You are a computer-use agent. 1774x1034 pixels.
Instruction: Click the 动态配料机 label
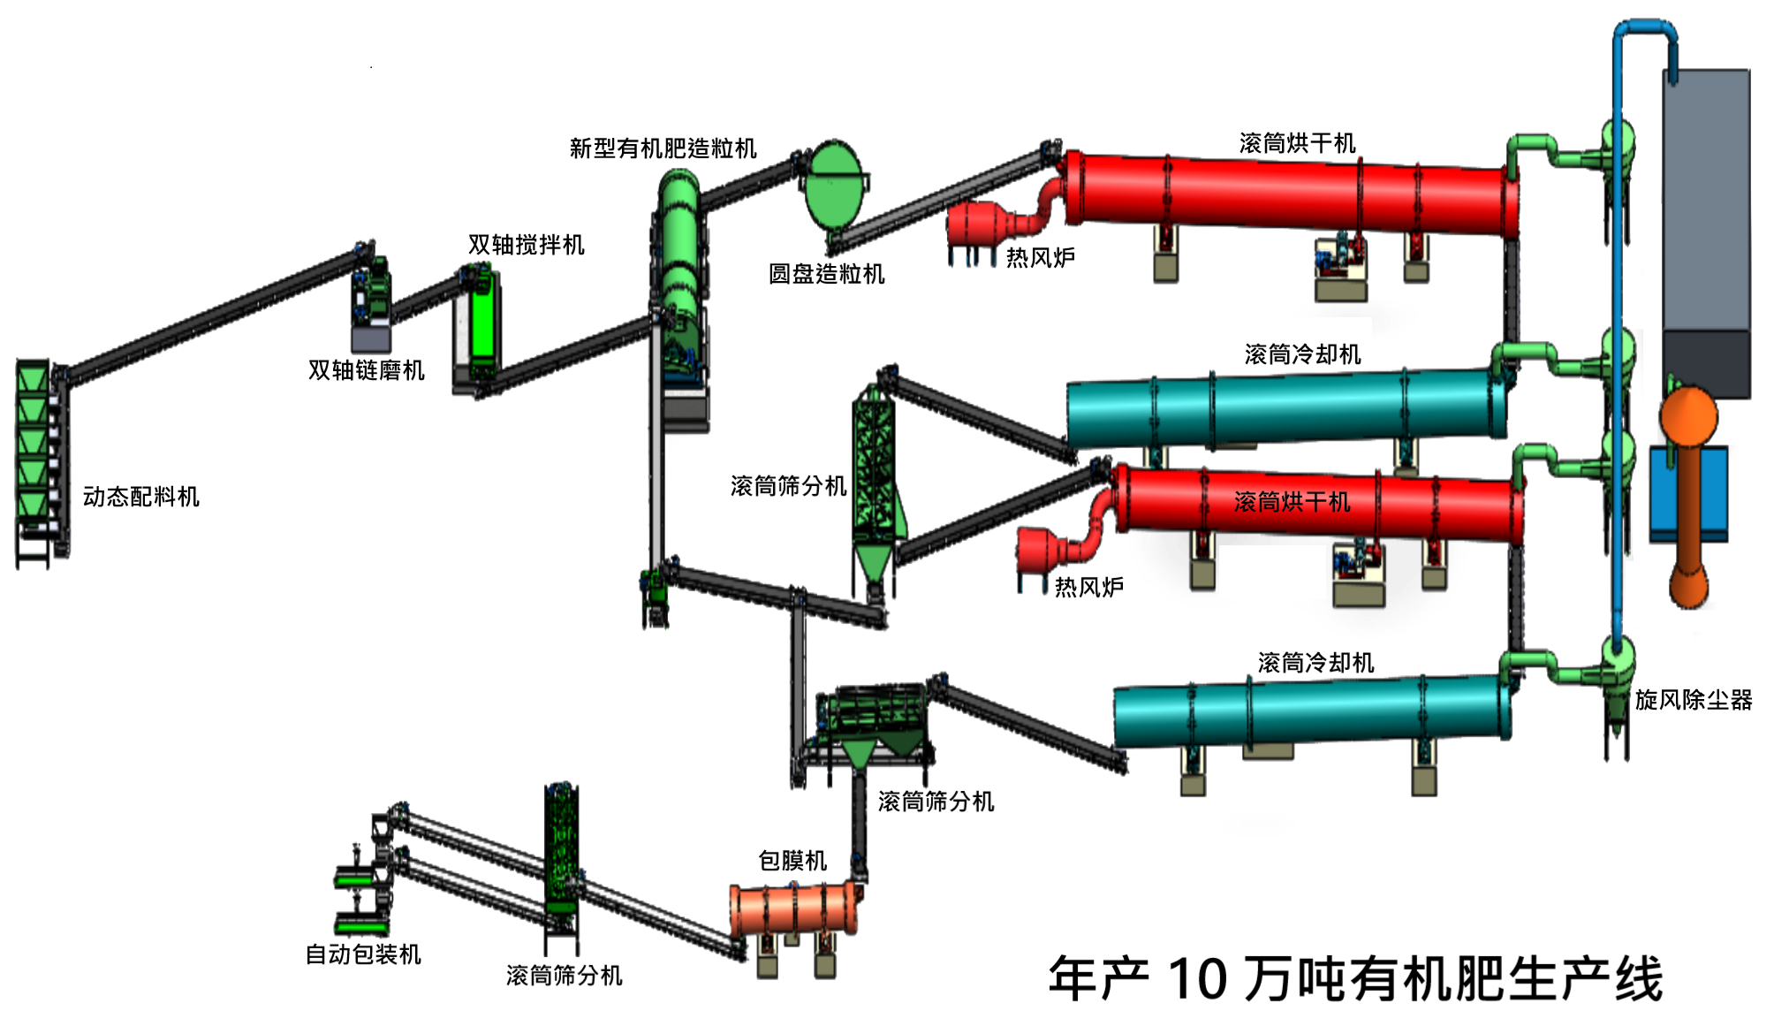pos(141,497)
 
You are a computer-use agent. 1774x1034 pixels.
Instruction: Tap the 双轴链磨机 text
pos(366,370)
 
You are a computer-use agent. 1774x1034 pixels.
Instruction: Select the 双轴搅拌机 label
pos(526,245)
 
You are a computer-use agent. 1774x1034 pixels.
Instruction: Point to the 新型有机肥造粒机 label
pos(663,148)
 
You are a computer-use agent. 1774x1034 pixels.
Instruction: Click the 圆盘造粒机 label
pos(826,274)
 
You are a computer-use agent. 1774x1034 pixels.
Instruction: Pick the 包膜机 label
pos(792,861)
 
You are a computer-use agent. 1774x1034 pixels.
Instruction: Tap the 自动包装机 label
pos(363,954)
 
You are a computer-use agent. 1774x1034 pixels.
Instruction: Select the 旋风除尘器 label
pos(1693,700)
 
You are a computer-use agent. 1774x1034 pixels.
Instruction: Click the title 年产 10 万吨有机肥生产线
pos(1355,979)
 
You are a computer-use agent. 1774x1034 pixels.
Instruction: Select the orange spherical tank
pos(1688,415)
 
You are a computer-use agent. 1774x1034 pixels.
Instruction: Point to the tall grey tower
pos(1705,230)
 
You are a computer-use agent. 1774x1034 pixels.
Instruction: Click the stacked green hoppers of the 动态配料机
pos(34,442)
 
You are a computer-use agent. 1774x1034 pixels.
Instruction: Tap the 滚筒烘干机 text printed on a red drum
pos(1292,502)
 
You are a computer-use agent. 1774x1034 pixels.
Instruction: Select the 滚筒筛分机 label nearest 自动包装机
pos(564,976)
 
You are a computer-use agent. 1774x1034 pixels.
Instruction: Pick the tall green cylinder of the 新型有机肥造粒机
pos(679,247)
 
